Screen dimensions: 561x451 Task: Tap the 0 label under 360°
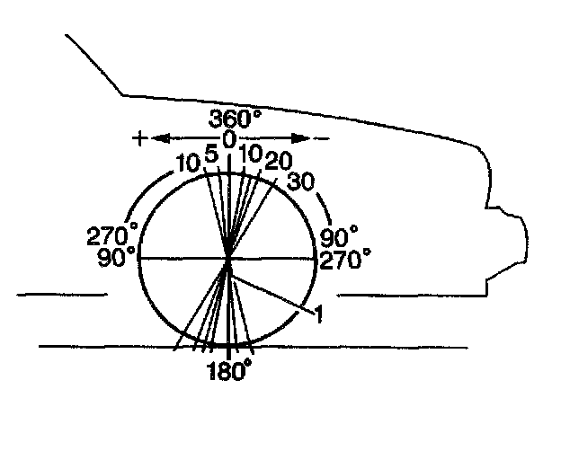tap(229, 139)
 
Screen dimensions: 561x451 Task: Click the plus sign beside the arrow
tap(139, 137)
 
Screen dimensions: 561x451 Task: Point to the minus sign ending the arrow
tap(323, 137)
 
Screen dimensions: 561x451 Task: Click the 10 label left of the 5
tap(188, 164)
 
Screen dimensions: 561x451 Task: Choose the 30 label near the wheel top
tap(301, 181)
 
